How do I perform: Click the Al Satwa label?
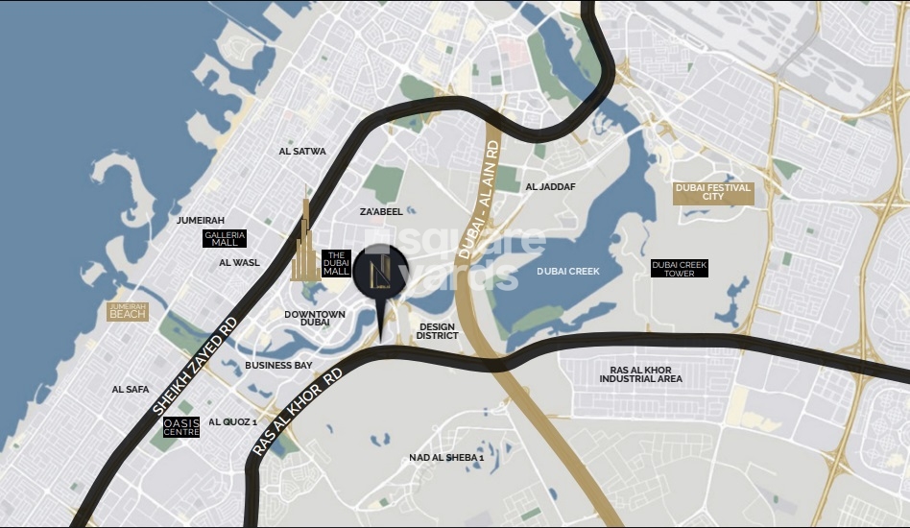[302, 151]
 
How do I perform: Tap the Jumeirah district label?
[201, 220]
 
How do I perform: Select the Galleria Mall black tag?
[226, 239]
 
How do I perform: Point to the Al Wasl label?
[239, 262]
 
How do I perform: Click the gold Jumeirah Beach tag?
[128, 311]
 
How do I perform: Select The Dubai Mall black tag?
[336, 264]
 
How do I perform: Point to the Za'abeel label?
[381, 211]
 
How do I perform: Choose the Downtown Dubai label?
[314, 319]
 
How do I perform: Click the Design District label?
[437, 331]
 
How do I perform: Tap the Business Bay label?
[278, 365]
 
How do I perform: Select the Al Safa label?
[131, 389]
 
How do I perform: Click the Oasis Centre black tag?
[181, 427]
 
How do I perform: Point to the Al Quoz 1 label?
[232, 421]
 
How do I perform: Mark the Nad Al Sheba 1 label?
[446, 457]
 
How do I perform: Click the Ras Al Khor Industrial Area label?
[640, 374]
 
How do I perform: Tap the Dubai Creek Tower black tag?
[679, 269]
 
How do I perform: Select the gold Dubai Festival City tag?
[713, 193]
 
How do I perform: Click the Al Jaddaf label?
[551, 186]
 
